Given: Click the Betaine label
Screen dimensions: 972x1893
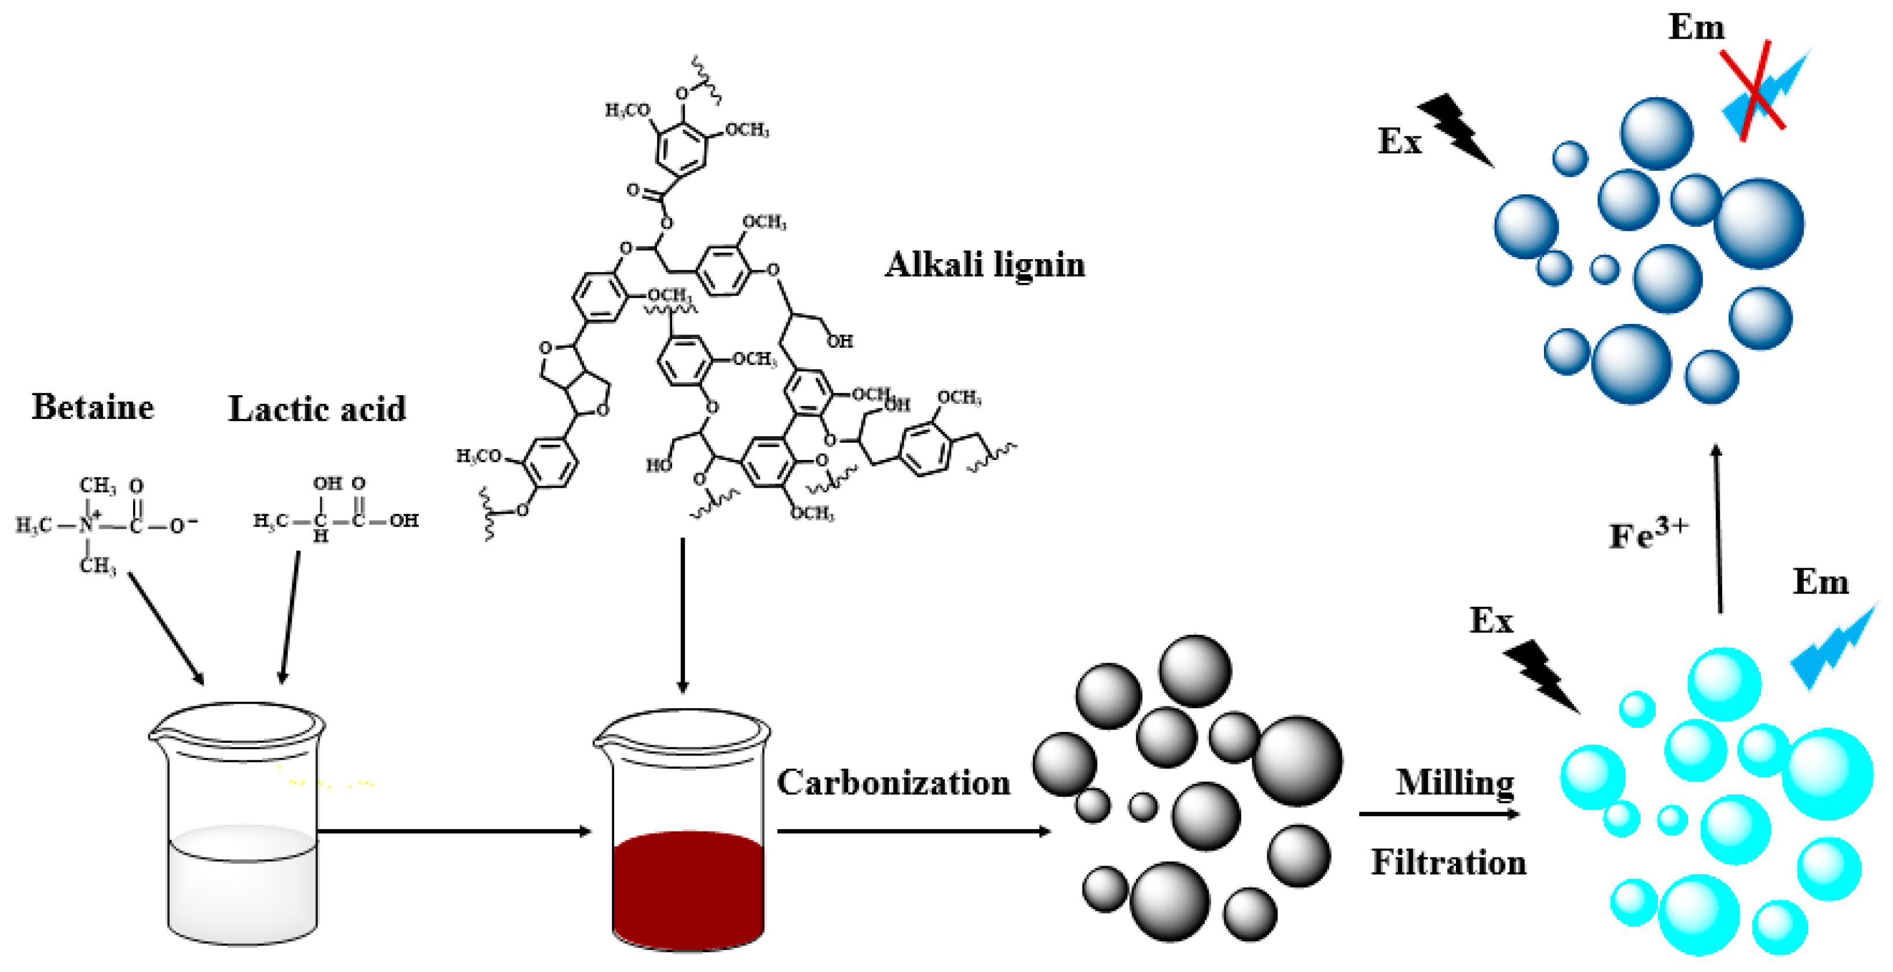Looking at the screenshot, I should [x=93, y=407].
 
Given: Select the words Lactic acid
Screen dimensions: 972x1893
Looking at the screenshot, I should [x=317, y=408].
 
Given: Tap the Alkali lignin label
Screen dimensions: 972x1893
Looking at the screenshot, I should [x=985, y=264].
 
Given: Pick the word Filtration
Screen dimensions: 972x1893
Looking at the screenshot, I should [x=1448, y=862].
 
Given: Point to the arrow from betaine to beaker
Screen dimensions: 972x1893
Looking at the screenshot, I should [x=166, y=629].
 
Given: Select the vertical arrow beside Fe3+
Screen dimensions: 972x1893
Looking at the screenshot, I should [x=1718, y=529].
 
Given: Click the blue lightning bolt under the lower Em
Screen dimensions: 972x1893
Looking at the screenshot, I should [x=1835, y=646].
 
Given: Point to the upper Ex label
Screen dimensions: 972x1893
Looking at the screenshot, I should [x=1399, y=141].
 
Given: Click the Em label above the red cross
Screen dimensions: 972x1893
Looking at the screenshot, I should [x=1696, y=28].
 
